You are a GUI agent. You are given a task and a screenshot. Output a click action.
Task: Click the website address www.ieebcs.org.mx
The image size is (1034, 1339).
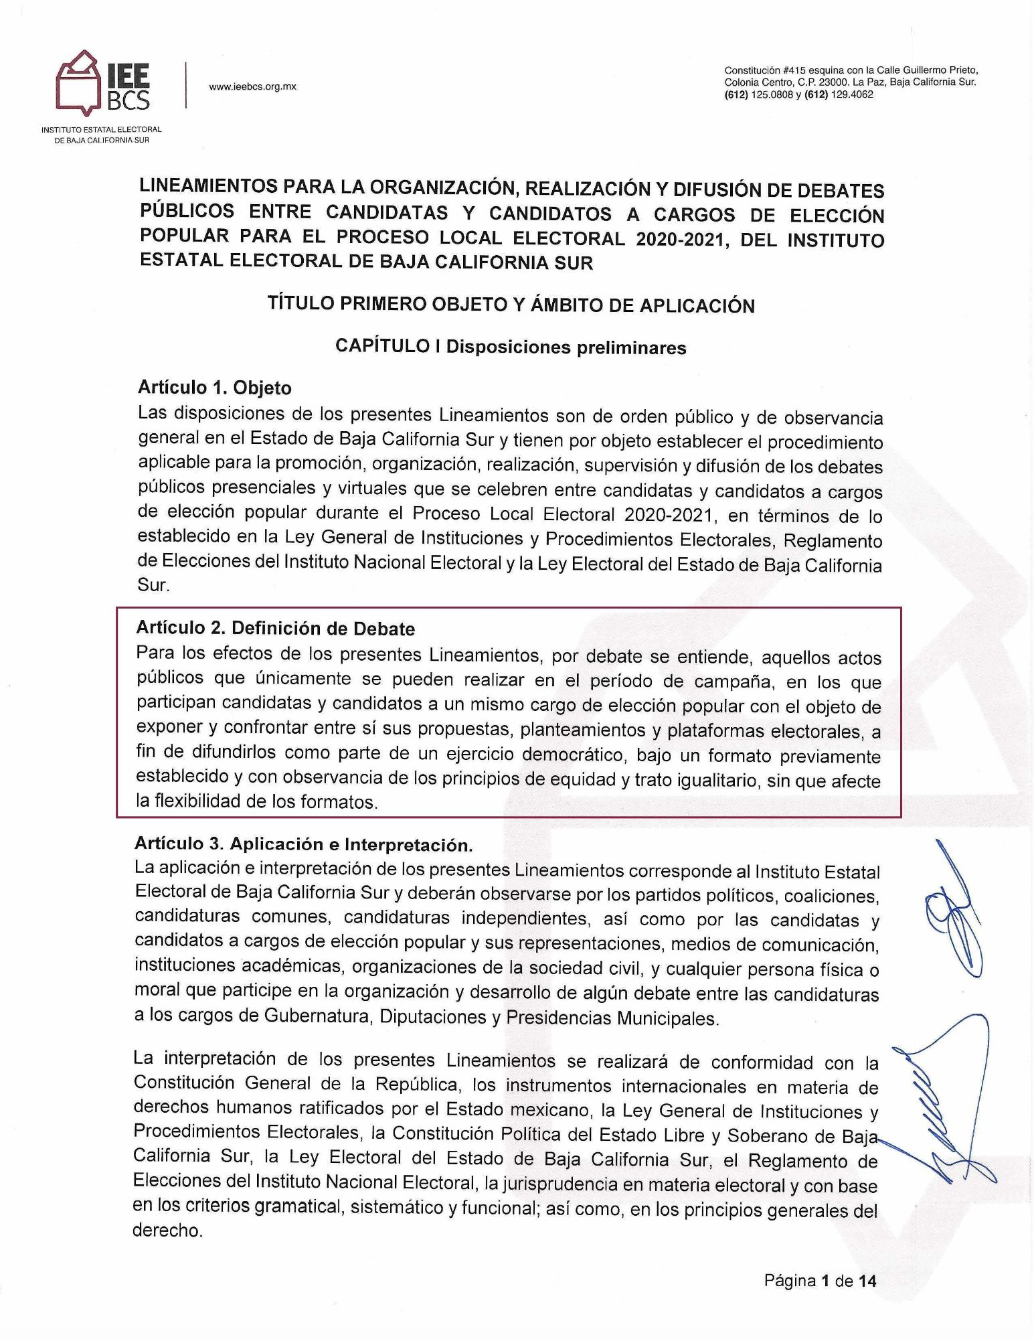pos(252,86)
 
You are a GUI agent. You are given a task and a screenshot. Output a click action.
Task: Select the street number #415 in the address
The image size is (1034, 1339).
pos(794,70)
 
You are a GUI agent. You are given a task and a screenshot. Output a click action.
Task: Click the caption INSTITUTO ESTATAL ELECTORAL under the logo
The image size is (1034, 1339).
pos(102,129)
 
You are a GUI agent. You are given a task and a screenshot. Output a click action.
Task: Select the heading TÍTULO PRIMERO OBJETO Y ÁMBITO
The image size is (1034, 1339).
pos(511,305)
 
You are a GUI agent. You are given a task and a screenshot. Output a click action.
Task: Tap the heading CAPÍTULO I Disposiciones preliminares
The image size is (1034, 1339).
pos(511,347)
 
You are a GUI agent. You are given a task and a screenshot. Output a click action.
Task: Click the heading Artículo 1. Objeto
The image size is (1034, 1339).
pos(215,388)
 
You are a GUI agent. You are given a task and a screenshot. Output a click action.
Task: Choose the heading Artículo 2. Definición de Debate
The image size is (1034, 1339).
pos(275,629)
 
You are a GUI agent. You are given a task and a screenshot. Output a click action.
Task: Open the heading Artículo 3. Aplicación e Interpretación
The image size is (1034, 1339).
pos(304,844)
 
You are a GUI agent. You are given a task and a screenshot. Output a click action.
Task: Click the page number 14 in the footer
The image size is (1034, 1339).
pos(867,1281)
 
